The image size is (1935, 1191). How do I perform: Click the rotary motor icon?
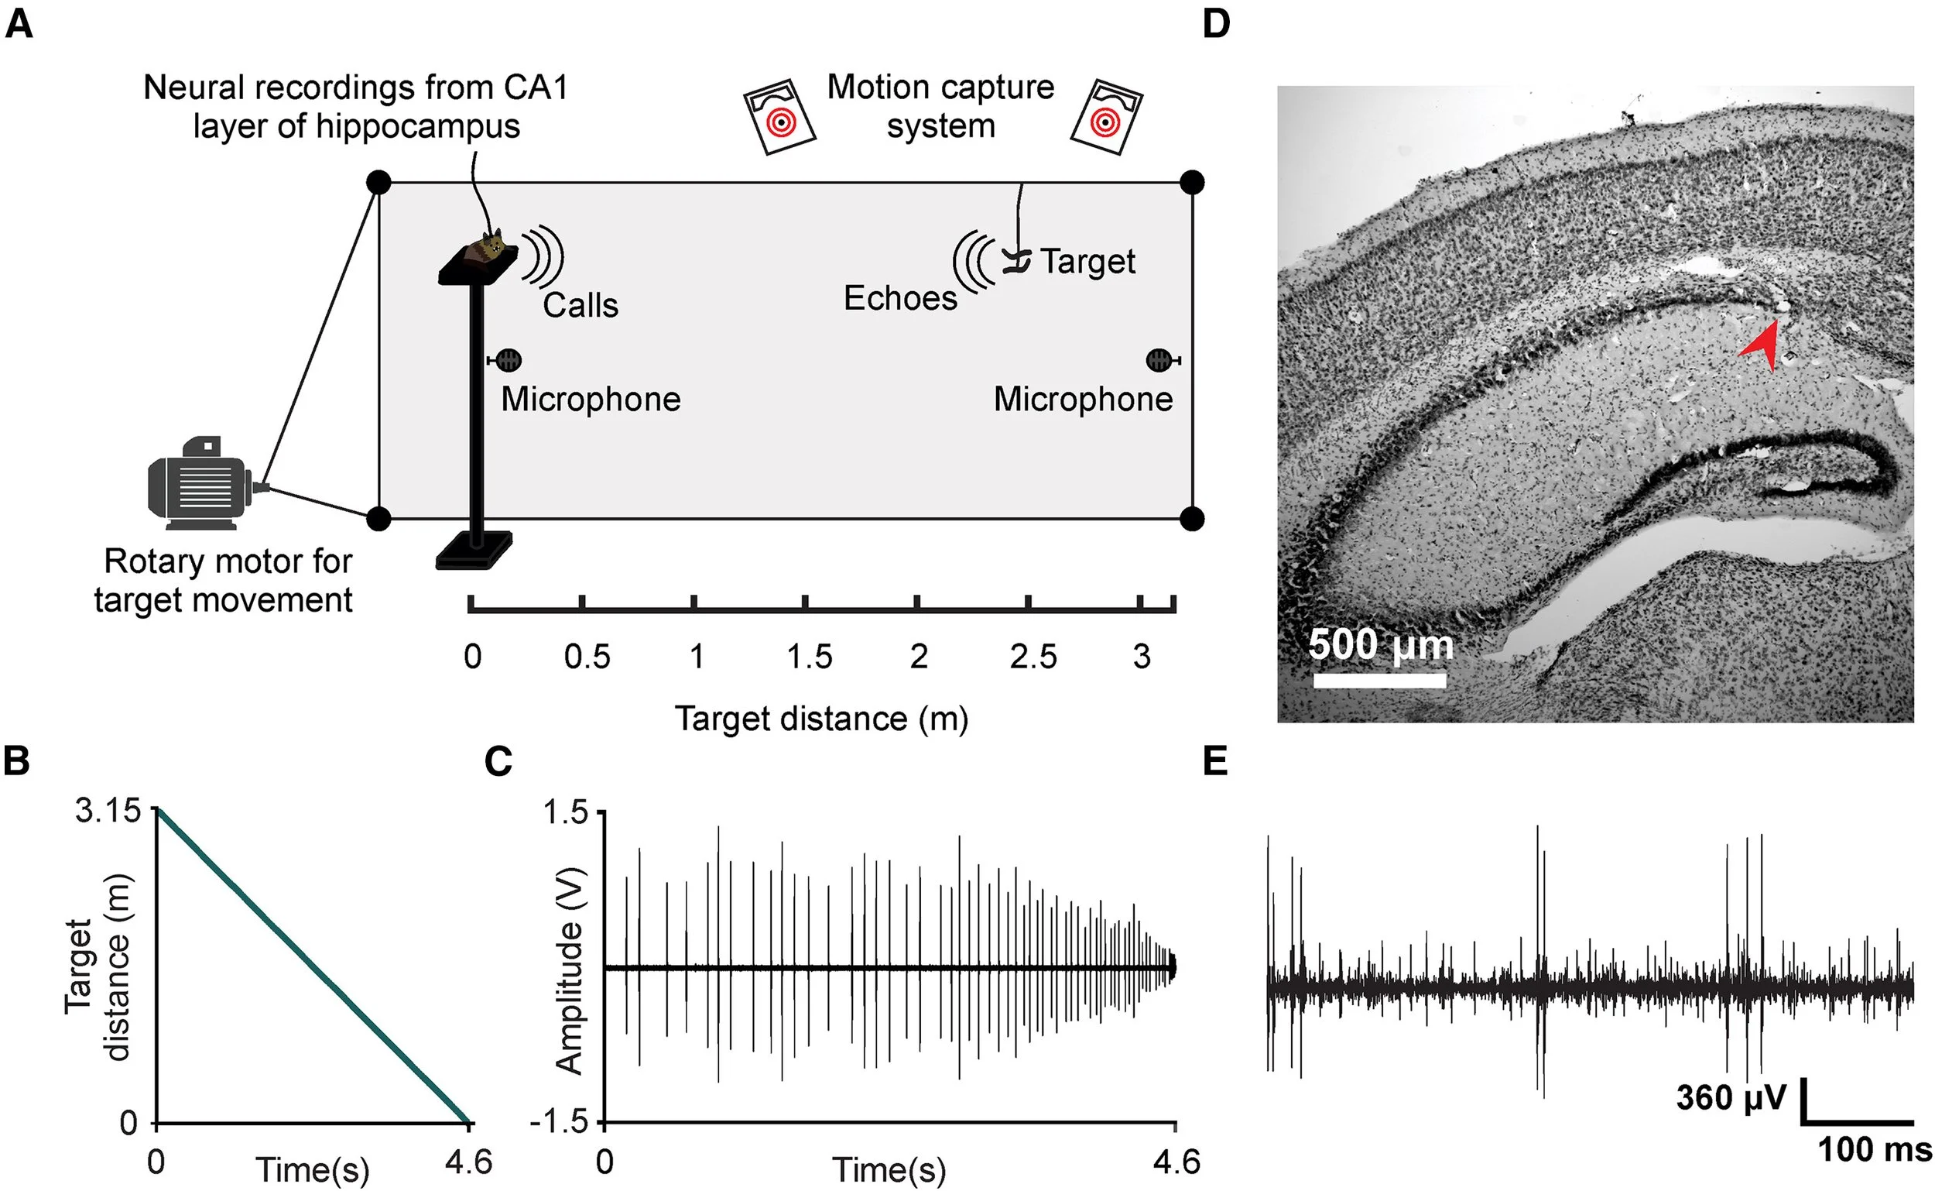[x=200, y=484]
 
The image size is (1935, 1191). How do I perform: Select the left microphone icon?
[x=508, y=361]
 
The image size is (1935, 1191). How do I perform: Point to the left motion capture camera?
[x=779, y=117]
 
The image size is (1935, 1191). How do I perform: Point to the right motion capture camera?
[x=1106, y=117]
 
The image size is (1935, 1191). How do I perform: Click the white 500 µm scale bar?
[x=1379, y=680]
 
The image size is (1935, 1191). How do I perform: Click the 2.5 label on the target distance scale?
[x=1033, y=656]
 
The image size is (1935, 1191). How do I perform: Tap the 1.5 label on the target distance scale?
[x=810, y=656]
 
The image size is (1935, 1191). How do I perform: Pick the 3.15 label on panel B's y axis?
[x=107, y=811]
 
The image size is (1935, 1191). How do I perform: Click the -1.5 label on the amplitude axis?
[x=560, y=1121]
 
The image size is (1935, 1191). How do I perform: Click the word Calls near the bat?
[x=580, y=306]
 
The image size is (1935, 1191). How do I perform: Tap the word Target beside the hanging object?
[x=1088, y=262]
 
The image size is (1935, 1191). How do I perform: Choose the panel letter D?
[x=1216, y=25]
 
